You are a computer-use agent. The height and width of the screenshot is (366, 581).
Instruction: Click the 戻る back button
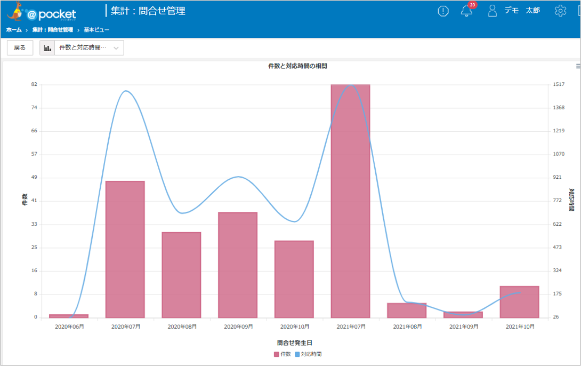pyautogui.click(x=20, y=48)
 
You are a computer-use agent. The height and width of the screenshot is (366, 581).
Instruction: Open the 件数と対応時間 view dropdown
pyautogui.click(x=82, y=48)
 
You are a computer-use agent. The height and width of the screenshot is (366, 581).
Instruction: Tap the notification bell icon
pyautogui.click(x=467, y=11)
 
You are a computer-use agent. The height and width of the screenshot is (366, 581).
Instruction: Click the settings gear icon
pyautogui.click(x=560, y=11)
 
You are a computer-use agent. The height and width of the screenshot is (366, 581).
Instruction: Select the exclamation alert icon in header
pyautogui.click(x=443, y=11)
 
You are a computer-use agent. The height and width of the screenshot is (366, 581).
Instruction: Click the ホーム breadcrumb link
pyautogui.click(x=14, y=30)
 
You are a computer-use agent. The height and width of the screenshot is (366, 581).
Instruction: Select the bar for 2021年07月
pyautogui.click(x=351, y=201)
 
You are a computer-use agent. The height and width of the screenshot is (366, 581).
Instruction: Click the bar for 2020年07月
pyautogui.click(x=125, y=250)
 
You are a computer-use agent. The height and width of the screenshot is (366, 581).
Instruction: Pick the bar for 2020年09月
pyautogui.click(x=238, y=265)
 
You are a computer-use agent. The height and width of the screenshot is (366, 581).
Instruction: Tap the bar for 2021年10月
pyautogui.click(x=520, y=302)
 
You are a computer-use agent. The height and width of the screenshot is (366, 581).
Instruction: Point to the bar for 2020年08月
pyautogui.click(x=182, y=275)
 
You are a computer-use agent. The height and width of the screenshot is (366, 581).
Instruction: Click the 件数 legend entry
pyautogui.click(x=283, y=354)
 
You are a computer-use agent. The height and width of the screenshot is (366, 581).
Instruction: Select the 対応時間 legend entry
pyautogui.click(x=308, y=354)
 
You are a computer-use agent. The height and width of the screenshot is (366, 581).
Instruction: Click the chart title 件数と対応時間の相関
pyautogui.click(x=297, y=66)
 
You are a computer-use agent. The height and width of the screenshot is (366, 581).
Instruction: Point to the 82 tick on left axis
pyautogui.click(x=34, y=84)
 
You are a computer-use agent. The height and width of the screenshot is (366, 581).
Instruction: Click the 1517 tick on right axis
pyautogui.click(x=559, y=84)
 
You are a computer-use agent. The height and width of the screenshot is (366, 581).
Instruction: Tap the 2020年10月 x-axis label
pyautogui.click(x=295, y=327)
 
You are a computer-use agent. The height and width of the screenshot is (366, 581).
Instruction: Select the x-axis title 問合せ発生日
pyautogui.click(x=295, y=343)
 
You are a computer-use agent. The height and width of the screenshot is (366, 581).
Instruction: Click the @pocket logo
pyautogui.click(x=42, y=12)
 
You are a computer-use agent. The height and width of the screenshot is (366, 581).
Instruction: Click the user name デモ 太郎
pyautogui.click(x=522, y=11)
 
